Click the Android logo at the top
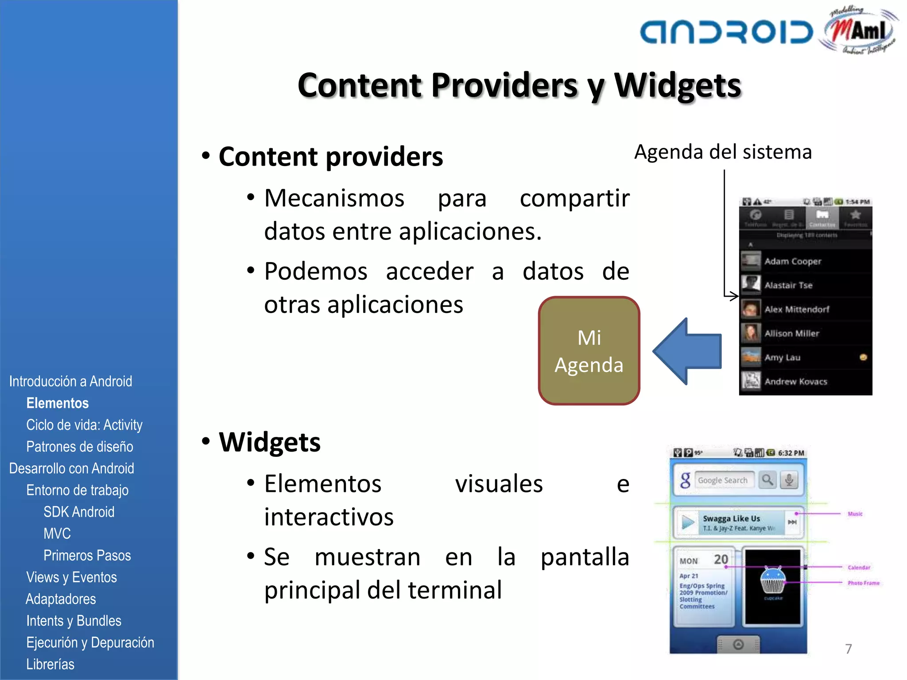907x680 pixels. (726, 32)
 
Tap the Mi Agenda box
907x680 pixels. (589, 351)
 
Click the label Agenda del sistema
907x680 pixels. (723, 152)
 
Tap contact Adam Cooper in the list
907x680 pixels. (793, 261)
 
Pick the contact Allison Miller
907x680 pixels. (792, 333)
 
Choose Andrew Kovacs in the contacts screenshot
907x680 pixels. (796, 381)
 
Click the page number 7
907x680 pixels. (849, 649)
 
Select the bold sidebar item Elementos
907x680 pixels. (58, 403)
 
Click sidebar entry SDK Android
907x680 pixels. (79, 512)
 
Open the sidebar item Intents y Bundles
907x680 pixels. (74, 621)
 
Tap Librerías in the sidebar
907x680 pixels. (50, 664)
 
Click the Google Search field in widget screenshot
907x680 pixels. (724, 480)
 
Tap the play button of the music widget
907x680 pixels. (687, 522)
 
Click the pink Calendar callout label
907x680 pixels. (859, 568)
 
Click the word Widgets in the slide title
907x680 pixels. (678, 85)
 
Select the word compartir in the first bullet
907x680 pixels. (574, 198)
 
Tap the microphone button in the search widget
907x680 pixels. (789, 480)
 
